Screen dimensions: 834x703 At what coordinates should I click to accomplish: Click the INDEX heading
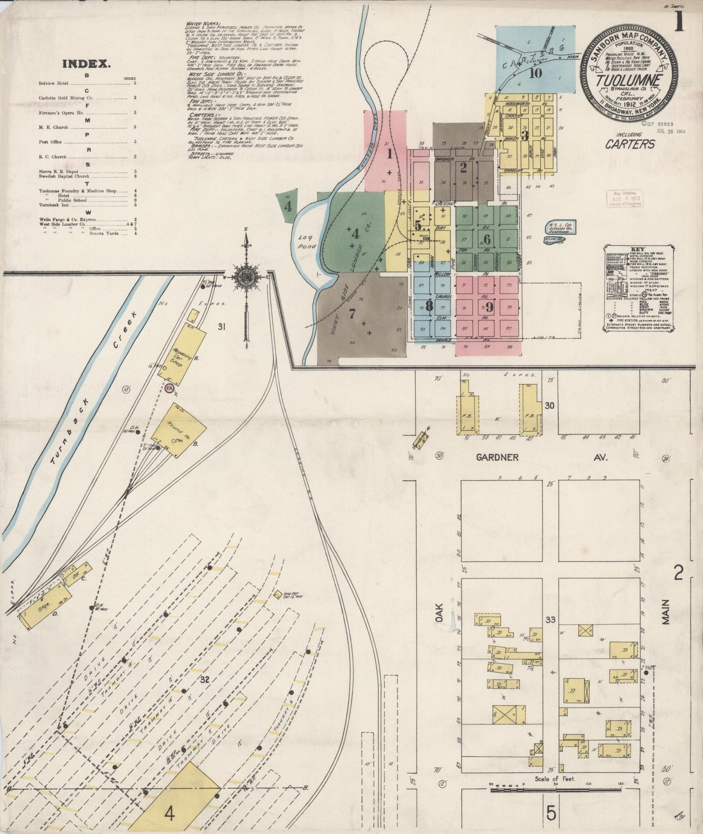(x=87, y=63)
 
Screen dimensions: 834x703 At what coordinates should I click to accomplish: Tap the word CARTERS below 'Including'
(x=630, y=144)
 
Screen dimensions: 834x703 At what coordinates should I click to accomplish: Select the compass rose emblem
(x=245, y=276)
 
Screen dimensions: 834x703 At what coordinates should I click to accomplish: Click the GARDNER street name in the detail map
(x=497, y=457)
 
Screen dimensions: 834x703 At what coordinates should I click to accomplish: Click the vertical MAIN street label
(x=665, y=612)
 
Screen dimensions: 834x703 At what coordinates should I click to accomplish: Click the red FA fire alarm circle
(x=169, y=388)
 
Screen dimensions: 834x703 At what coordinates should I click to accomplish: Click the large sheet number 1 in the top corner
(x=679, y=22)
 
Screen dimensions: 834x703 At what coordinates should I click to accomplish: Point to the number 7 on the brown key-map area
(x=352, y=314)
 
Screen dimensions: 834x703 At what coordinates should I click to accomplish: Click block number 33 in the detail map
(x=550, y=620)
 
